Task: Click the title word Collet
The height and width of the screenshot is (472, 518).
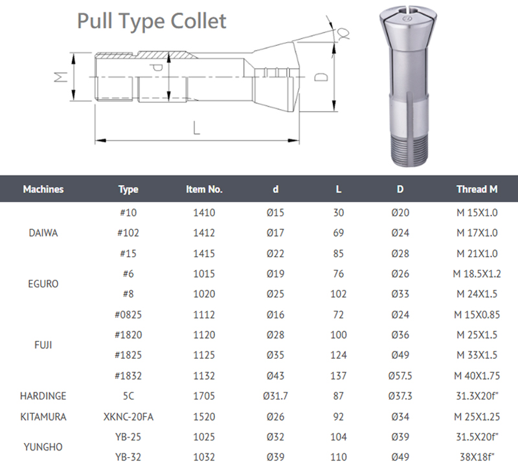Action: [198, 21]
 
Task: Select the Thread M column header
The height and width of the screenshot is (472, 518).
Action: [477, 189]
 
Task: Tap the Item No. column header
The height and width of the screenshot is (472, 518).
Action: [204, 189]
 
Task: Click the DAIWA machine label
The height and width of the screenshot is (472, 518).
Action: [43, 233]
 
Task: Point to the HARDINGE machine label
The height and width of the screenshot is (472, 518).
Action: [43, 396]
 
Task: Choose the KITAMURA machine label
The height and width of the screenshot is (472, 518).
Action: [43, 416]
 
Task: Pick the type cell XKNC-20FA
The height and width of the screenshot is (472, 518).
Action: [128, 416]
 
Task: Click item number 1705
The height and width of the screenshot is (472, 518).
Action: [204, 396]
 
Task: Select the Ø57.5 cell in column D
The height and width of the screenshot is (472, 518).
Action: [400, 376]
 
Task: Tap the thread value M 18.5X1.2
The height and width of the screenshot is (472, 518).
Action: [477, 274]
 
